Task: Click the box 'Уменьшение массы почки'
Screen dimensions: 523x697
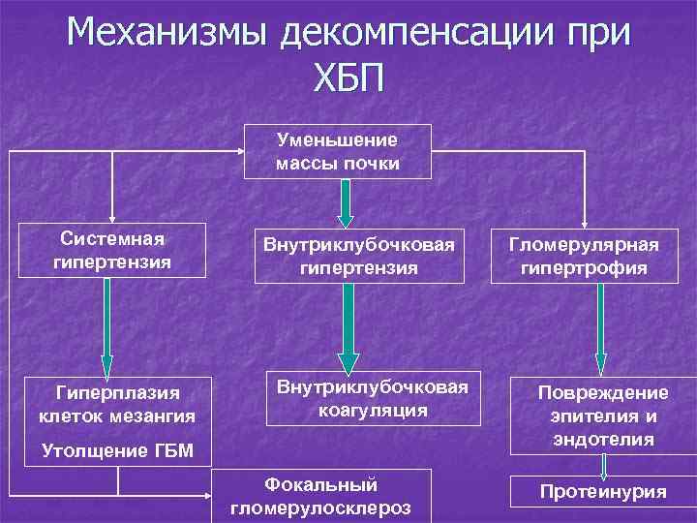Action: click(x=337, y=151)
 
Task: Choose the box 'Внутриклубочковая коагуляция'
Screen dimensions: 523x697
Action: click(x=372, y=398)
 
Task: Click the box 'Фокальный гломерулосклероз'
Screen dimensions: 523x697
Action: click(x=321, y=496)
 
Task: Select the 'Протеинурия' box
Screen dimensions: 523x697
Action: click(x=603, y=492)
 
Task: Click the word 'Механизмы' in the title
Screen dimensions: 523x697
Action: click(x=168, y=36)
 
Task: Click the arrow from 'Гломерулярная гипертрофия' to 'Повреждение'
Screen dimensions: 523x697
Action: click(x=601, y=328)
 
